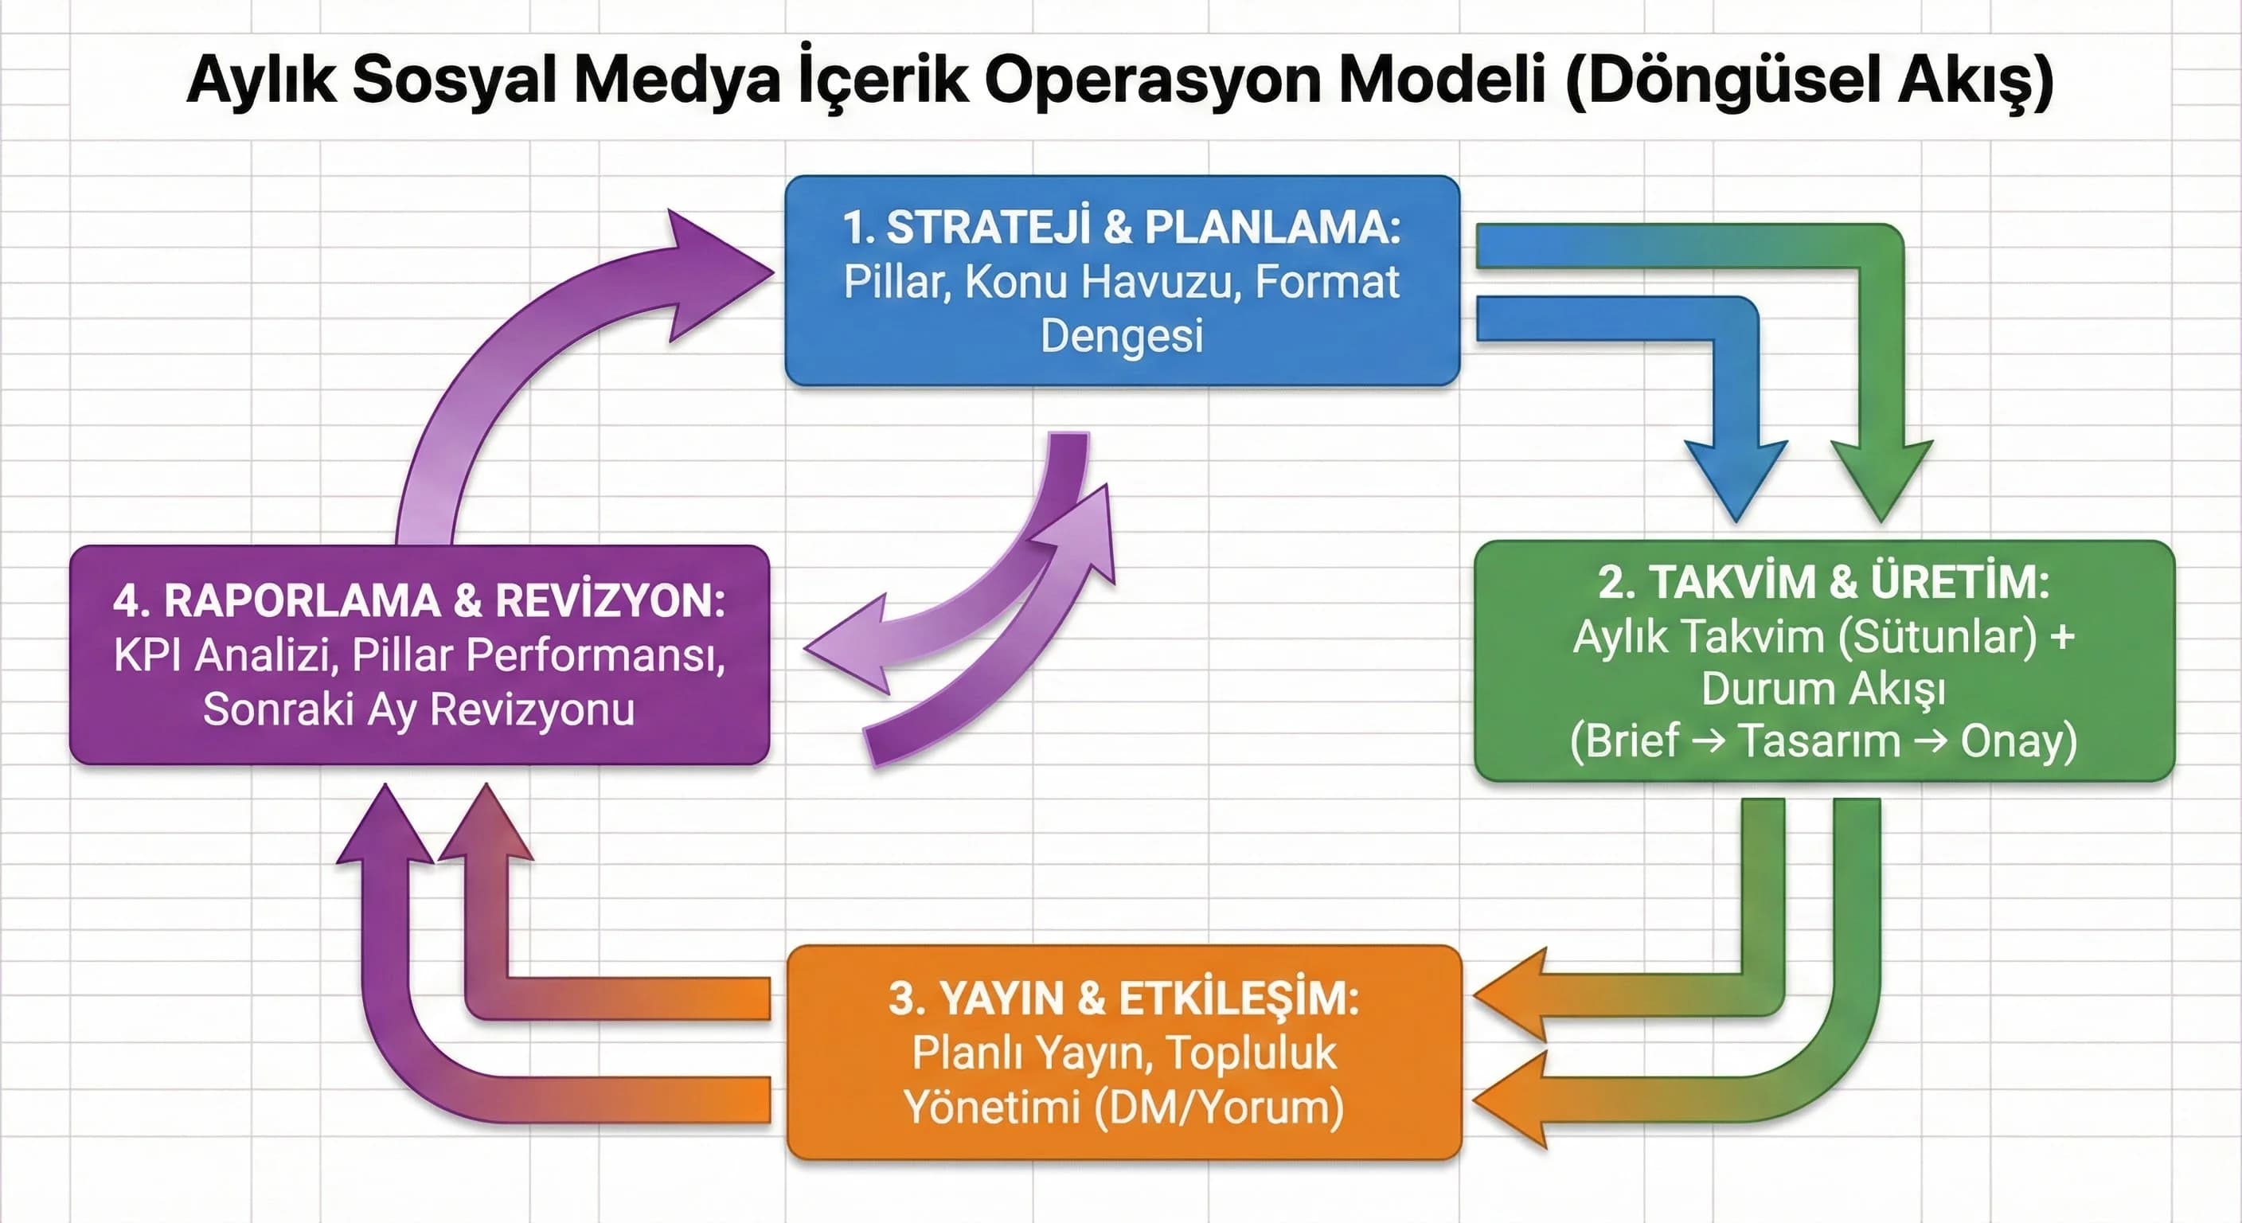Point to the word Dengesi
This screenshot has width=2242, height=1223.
(1122, 335)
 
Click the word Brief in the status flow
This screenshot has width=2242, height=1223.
(1624, 741)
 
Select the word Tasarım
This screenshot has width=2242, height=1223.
(1819, 741)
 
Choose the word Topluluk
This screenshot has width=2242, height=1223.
(1251, 1053)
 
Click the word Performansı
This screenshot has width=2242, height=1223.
(596, 655)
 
